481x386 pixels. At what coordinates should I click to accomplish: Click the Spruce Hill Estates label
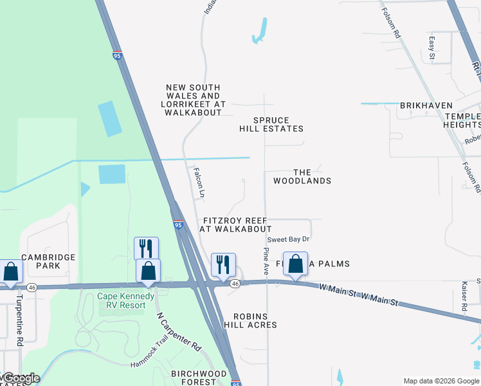pos(271,124)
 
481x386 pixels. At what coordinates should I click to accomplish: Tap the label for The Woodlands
pos(302,176)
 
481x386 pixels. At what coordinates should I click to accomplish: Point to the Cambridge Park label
pos(49,261)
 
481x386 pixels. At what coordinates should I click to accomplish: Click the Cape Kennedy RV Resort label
pos(125,300)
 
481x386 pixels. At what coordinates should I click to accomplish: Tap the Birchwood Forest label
pos(199,378)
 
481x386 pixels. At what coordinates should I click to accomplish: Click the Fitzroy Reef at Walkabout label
pos(235,225)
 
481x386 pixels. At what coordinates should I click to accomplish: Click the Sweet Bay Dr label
pos(289,239)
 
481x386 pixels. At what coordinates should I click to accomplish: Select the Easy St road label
pos(432,49)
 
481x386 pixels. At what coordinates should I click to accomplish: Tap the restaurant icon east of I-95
pos(223,265)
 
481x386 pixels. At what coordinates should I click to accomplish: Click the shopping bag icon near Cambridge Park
pos(11,271)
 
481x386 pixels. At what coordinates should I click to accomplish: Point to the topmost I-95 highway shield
pos(117,56)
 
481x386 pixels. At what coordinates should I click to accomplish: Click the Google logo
pos(21,378)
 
